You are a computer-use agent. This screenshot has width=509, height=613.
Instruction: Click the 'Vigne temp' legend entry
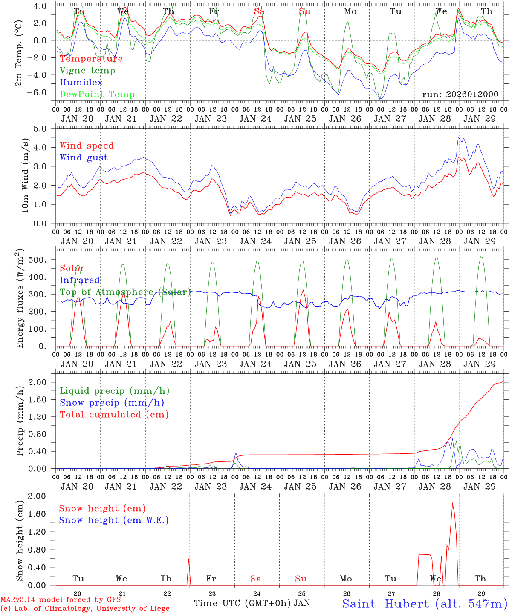(x=87, y=71)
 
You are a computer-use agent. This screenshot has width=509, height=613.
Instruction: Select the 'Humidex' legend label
(x=81, y=83)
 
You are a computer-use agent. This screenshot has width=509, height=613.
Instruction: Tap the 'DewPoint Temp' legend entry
(x=97, y=95)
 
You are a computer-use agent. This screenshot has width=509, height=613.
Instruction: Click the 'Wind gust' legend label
(x=84, y=158)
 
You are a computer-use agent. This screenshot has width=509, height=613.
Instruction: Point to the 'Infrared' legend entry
(x=80, y=280)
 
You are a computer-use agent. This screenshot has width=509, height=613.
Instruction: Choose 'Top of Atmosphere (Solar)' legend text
(x=125, y=292)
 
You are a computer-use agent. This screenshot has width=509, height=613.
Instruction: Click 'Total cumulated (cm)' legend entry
(x=114, y=415)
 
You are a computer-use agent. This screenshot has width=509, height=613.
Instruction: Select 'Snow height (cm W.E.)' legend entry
(x=114, y=520)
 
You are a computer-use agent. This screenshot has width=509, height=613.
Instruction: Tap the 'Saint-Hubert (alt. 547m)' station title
(x=425, y=603)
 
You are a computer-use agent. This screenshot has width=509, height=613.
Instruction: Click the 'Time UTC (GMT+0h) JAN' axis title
(x=252, y=603)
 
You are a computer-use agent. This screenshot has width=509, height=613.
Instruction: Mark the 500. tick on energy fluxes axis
(x=43, y=260)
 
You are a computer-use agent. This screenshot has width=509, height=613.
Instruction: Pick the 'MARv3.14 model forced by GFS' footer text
(x=61, y=599)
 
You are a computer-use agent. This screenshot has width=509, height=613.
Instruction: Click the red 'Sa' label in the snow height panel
(x=256, y=579)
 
